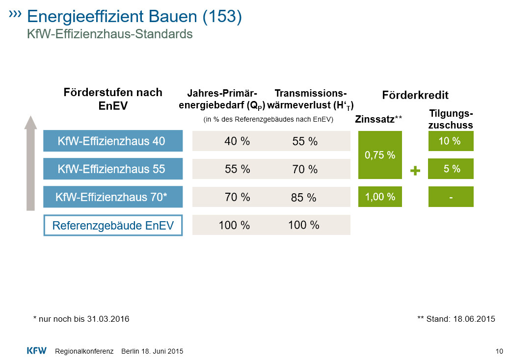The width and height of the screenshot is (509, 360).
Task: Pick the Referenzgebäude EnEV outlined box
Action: click(113, 226)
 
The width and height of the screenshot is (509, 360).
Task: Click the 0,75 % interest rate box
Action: click(380, 155)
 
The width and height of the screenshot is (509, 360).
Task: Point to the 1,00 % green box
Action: click(380, 197)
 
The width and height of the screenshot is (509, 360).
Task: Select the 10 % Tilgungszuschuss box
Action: click(451, 141)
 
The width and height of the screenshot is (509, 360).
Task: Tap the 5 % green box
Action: click(451, 169)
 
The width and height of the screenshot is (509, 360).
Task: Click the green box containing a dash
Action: click(451, 197)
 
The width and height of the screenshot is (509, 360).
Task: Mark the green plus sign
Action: click(416, 171)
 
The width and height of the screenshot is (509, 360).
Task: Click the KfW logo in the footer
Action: click(36, 351)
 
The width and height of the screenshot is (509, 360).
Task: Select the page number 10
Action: click(500, 351)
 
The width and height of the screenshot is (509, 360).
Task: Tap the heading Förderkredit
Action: click(415, 96)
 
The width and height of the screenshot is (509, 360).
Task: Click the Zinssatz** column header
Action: click(378, 119)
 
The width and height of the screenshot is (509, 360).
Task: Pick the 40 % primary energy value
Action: click(237, 141)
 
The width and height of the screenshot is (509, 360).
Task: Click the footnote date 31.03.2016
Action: click(108, 319)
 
